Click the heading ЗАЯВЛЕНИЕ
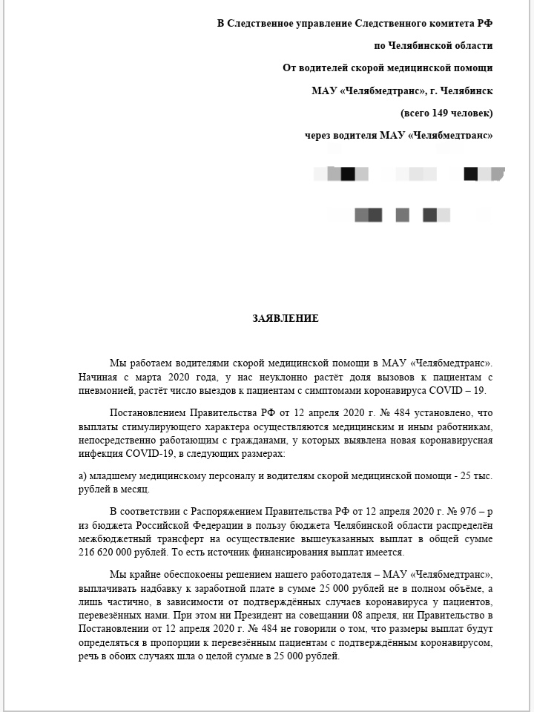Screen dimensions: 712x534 point(286,319)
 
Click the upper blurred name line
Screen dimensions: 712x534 point(408,174)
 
